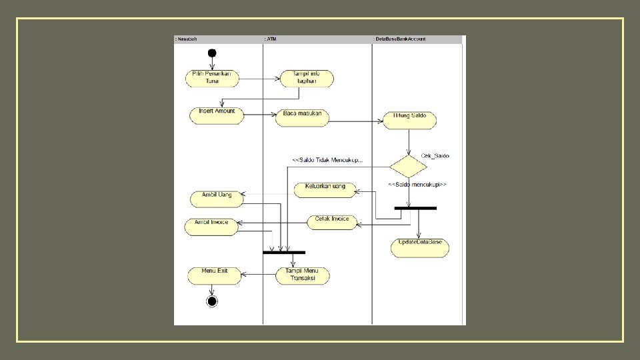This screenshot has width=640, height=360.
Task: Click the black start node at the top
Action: [x=212, y=53]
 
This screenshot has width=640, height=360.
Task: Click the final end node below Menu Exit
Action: [x=212, y=301]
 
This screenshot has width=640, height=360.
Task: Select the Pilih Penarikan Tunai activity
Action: [x=212, y=77]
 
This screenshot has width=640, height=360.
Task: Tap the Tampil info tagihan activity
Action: [x=306, y=77]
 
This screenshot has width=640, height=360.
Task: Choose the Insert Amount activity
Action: [x=217, y=115]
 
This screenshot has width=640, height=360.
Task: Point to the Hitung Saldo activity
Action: [x=410, y=120]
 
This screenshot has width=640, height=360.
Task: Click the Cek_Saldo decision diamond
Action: [x=408, y=166]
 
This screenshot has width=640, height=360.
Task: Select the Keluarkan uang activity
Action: [x=325, y=190]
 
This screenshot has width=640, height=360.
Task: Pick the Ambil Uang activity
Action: [x=217, y=198]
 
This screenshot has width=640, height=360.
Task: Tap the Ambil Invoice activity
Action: [x=211, y=226]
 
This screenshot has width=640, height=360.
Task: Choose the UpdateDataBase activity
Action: [x=420, y=247]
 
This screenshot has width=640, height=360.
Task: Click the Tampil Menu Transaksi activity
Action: [x=303, y=275]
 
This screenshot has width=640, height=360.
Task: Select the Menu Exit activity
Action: [x=215, y=274]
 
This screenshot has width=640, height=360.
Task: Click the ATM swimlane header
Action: [x=271, y=39]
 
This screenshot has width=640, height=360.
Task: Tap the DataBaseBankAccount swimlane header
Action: [x=400, y=39]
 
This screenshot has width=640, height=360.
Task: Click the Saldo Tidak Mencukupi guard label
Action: [x=328, y=160]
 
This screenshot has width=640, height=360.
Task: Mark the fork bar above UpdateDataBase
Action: [x=415, y=208]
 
